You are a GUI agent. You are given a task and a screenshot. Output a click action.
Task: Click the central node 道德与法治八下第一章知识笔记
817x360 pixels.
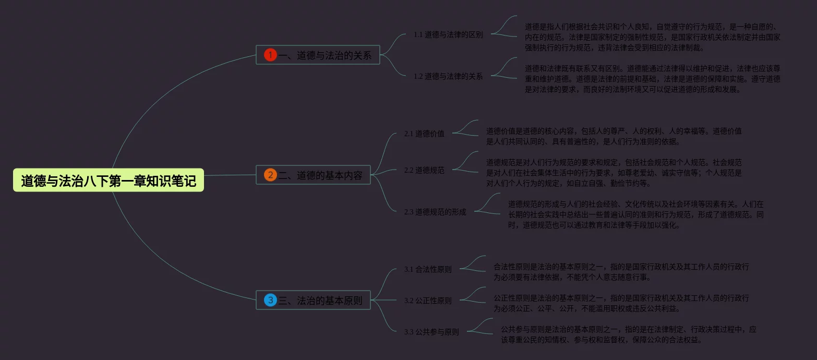[x=109, y=181]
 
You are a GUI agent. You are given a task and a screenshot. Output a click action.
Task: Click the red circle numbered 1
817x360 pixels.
[x=270, y=55]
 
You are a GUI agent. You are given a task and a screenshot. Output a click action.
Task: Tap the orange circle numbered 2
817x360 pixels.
[x=270, y=175]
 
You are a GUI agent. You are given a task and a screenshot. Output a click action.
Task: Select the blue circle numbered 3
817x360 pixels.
[x=270, y=300]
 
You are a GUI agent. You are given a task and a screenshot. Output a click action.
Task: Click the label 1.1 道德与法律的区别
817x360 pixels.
[x=448, y=35]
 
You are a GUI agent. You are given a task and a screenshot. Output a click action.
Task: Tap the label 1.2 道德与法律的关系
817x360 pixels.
[x=448, y=76]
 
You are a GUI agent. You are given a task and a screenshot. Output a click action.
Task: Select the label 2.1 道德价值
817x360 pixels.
[x=424, y=134]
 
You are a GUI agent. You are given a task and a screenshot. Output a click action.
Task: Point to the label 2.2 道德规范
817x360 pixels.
[x=424, y=170]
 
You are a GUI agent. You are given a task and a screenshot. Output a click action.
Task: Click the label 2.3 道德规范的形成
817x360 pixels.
[x=435, y=212]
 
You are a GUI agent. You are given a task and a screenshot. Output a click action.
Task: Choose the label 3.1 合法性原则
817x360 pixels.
[x=428, y=270]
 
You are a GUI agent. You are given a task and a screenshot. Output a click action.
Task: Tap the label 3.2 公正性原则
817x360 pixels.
[x=428, y=301]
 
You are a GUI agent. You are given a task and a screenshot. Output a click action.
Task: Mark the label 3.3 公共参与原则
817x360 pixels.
[x=431, y=332]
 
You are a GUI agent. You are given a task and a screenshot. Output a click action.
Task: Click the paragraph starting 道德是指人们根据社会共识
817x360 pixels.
[x=652, y=37]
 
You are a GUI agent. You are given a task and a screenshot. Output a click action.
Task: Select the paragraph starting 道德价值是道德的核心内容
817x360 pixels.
[x=614, y=136]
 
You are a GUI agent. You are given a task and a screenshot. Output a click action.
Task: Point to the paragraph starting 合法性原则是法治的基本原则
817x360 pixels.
[x=621, y=272]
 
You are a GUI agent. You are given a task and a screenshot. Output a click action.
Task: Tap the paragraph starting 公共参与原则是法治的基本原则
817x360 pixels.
[x=628, y=334]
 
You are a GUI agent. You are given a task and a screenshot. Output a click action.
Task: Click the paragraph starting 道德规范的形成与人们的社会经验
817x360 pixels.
[x=635, y=214]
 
